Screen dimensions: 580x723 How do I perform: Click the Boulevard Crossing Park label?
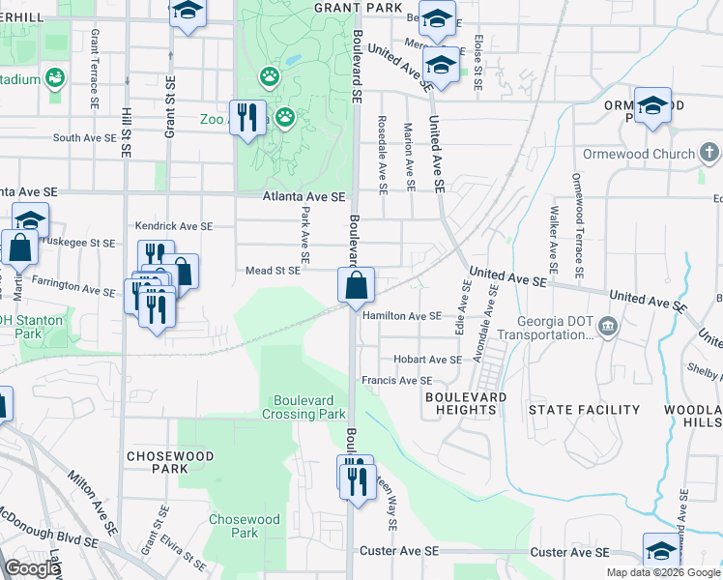304,406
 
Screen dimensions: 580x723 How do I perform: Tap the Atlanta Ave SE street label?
304,196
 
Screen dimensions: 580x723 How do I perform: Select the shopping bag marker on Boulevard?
357,285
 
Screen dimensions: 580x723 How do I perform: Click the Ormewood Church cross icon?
709,154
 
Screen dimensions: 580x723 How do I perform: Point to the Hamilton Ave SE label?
402,315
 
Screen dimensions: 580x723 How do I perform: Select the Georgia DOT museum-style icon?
607,324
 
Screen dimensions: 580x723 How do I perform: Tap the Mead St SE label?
274,272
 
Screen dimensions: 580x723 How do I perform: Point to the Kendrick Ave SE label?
173,225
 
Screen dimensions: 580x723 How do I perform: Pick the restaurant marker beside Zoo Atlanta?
248,119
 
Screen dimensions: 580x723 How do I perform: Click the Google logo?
32,568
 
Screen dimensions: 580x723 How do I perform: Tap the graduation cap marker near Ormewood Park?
653,105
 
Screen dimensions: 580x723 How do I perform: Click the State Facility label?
570,410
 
